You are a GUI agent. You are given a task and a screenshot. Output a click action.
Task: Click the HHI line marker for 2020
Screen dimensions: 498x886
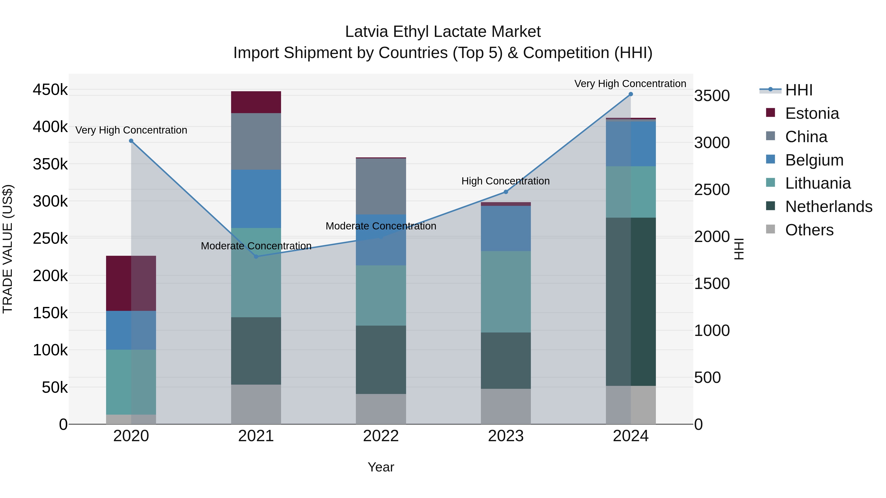131,141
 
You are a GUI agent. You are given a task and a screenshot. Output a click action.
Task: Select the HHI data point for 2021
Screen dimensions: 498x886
256,257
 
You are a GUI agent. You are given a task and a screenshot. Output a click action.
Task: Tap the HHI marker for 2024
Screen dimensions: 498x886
631,94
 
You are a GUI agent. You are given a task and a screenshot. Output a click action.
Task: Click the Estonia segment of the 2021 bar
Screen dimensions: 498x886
256,102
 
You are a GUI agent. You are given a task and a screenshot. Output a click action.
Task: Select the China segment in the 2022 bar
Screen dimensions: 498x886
381,186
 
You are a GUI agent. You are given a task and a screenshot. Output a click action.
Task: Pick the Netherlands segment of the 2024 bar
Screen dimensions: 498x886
631,302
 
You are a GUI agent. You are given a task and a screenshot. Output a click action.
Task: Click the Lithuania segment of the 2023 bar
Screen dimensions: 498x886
506,291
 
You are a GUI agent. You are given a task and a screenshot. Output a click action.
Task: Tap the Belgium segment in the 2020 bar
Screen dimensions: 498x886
131,330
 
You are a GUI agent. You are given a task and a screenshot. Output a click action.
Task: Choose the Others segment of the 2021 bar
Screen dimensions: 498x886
256,404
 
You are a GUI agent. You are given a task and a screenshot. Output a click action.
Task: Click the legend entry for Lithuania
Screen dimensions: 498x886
818,183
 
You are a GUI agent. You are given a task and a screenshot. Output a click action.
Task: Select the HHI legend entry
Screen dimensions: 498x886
799,90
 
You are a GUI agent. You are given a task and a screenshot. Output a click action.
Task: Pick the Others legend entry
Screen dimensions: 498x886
809,230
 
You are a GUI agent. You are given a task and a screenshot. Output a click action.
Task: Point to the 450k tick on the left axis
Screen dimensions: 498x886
50,90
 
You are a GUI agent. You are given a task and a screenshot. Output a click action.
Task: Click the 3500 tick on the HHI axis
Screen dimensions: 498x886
712,96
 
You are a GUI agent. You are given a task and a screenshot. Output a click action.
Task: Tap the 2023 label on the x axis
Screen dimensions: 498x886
506,436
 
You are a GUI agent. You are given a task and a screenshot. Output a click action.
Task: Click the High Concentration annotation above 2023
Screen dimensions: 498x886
505,181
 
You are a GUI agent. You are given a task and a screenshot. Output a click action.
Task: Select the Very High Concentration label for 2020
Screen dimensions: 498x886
131,130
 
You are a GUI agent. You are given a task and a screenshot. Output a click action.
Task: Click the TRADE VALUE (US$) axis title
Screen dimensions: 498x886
8,249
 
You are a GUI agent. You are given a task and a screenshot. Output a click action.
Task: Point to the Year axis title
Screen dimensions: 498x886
381,467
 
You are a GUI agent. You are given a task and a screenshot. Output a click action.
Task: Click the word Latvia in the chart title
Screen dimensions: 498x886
366,32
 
